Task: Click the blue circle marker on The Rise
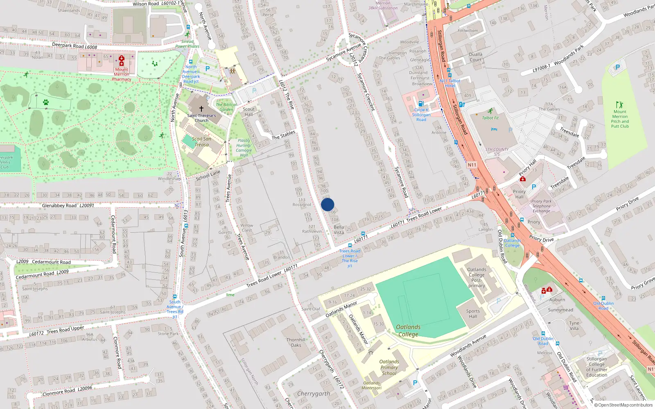(327, 204)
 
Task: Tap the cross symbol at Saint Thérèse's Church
(201, 109)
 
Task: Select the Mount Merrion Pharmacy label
(122, 74)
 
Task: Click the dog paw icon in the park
(46, 102)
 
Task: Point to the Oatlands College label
(408, 330)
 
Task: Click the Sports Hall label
(473, 314)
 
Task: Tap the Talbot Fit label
(490, 118)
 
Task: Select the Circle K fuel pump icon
(420, 104)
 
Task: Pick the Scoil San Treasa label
(201, 142)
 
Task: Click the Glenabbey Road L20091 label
(68, 205)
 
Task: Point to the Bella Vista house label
(339, 229)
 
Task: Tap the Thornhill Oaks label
(296, 342)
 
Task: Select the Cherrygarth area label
(314, 393)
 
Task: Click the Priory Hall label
(519, 194)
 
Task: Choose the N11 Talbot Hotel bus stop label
(450, 83)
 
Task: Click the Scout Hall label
(248, 112)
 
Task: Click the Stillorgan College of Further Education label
(596, 367)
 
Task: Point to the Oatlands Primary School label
(389, 367)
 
